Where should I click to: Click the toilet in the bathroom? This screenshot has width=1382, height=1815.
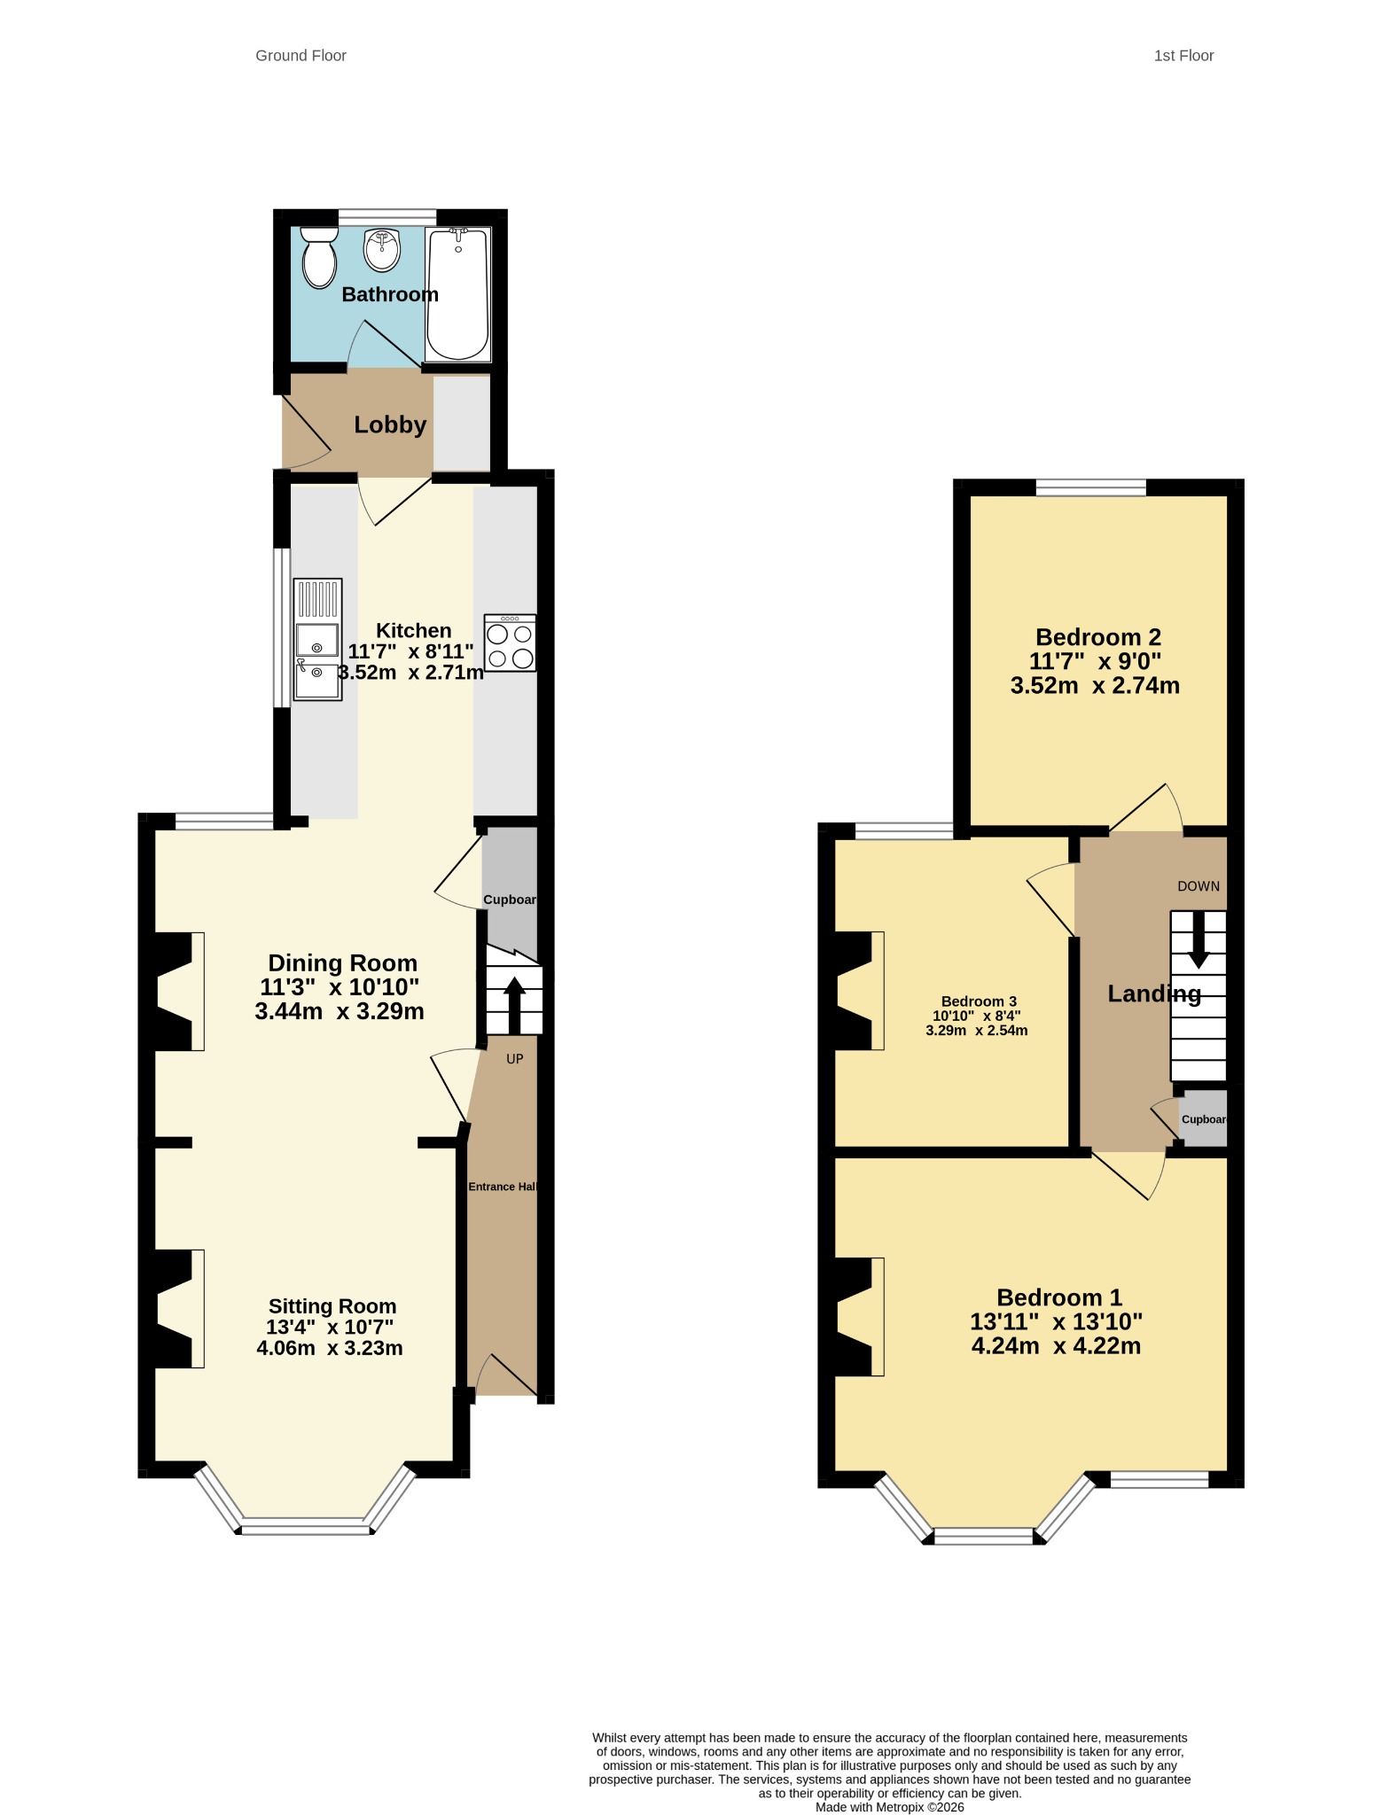(x=319, y=257)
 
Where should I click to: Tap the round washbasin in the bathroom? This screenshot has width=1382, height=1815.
(x=382, y=249)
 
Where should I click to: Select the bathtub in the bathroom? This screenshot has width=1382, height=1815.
(x=457, y=294)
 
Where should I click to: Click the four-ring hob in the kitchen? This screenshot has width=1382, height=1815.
(x=510, y=643)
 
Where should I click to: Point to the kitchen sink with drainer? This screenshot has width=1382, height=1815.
(x=317, y=639)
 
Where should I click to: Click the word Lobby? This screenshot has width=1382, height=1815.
(x=390, y=425)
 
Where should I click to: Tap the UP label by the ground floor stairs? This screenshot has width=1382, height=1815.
(x=515, y=1059)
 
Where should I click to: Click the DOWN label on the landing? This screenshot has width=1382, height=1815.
(x=1199, y=886)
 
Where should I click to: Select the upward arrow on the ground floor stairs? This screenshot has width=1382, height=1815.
(x=514, y=1005)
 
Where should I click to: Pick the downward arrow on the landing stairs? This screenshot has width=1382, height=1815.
(x=1199, y=939)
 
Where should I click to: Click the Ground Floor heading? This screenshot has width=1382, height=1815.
(x=301, y=56)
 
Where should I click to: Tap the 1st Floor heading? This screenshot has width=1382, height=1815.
(x=1183, y=56)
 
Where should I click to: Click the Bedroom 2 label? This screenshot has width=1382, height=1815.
(x=1098, y=637)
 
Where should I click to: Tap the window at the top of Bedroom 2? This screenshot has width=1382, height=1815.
(x=1091, y=487)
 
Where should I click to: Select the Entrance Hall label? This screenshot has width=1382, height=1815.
(x=503, y=1187)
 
